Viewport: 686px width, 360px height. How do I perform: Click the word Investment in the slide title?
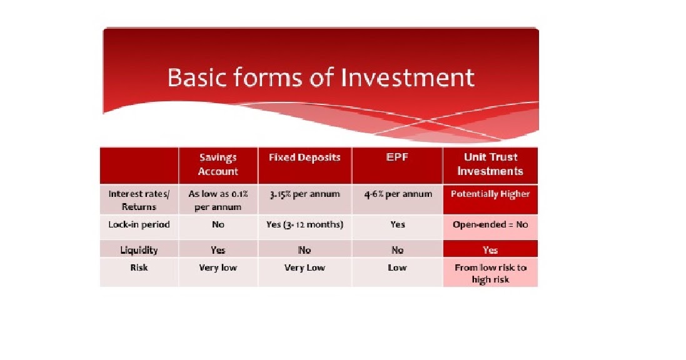pyautogui.click(x=407, y=77)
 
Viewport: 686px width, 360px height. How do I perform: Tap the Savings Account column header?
pyautogui.click(x=218, y=164)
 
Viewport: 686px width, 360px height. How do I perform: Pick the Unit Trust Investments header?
pyautogui.click(x=490, y=164)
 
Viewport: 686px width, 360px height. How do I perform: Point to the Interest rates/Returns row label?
pyautogui.click(x=139, y=201)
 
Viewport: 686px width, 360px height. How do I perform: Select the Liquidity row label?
pyautogui.click(x=139, y=250)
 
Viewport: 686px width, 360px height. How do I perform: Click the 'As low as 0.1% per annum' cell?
pyautogui.click(x=218, y=201)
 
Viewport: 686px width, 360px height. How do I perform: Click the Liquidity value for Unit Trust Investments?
pyautogui.click(x=490, y=250)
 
